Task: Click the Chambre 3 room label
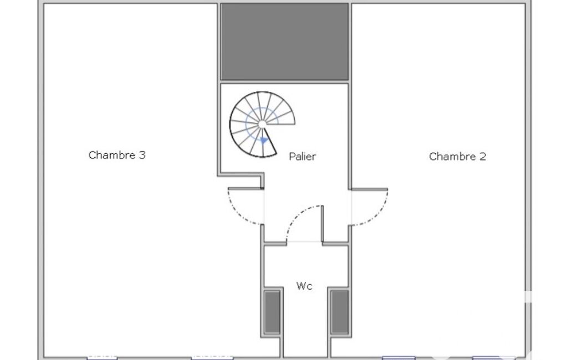[x=117, y=155]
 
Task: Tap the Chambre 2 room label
[x=457, y=156]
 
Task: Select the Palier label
[x=302, y=156]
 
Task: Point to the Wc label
[x=304, y=286]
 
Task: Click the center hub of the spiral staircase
[x=262, y=124]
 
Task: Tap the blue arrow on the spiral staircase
[x=264, y=141]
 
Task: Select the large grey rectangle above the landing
[x=284, y=42]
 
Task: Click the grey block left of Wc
[x=272, y=312]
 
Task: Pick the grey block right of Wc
[x=340, y=312]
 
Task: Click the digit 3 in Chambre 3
[x=142, y=155]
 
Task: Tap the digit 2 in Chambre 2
[x=483, y=156]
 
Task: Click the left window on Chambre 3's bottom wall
[x=102, y=357]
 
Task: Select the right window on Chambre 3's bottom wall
[x=212, y=357]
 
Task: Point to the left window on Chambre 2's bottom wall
[x=398, y=358]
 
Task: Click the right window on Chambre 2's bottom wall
[x=488, y=358]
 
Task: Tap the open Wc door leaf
[x=322, y=223]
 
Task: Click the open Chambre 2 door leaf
[x=370, y=189]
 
